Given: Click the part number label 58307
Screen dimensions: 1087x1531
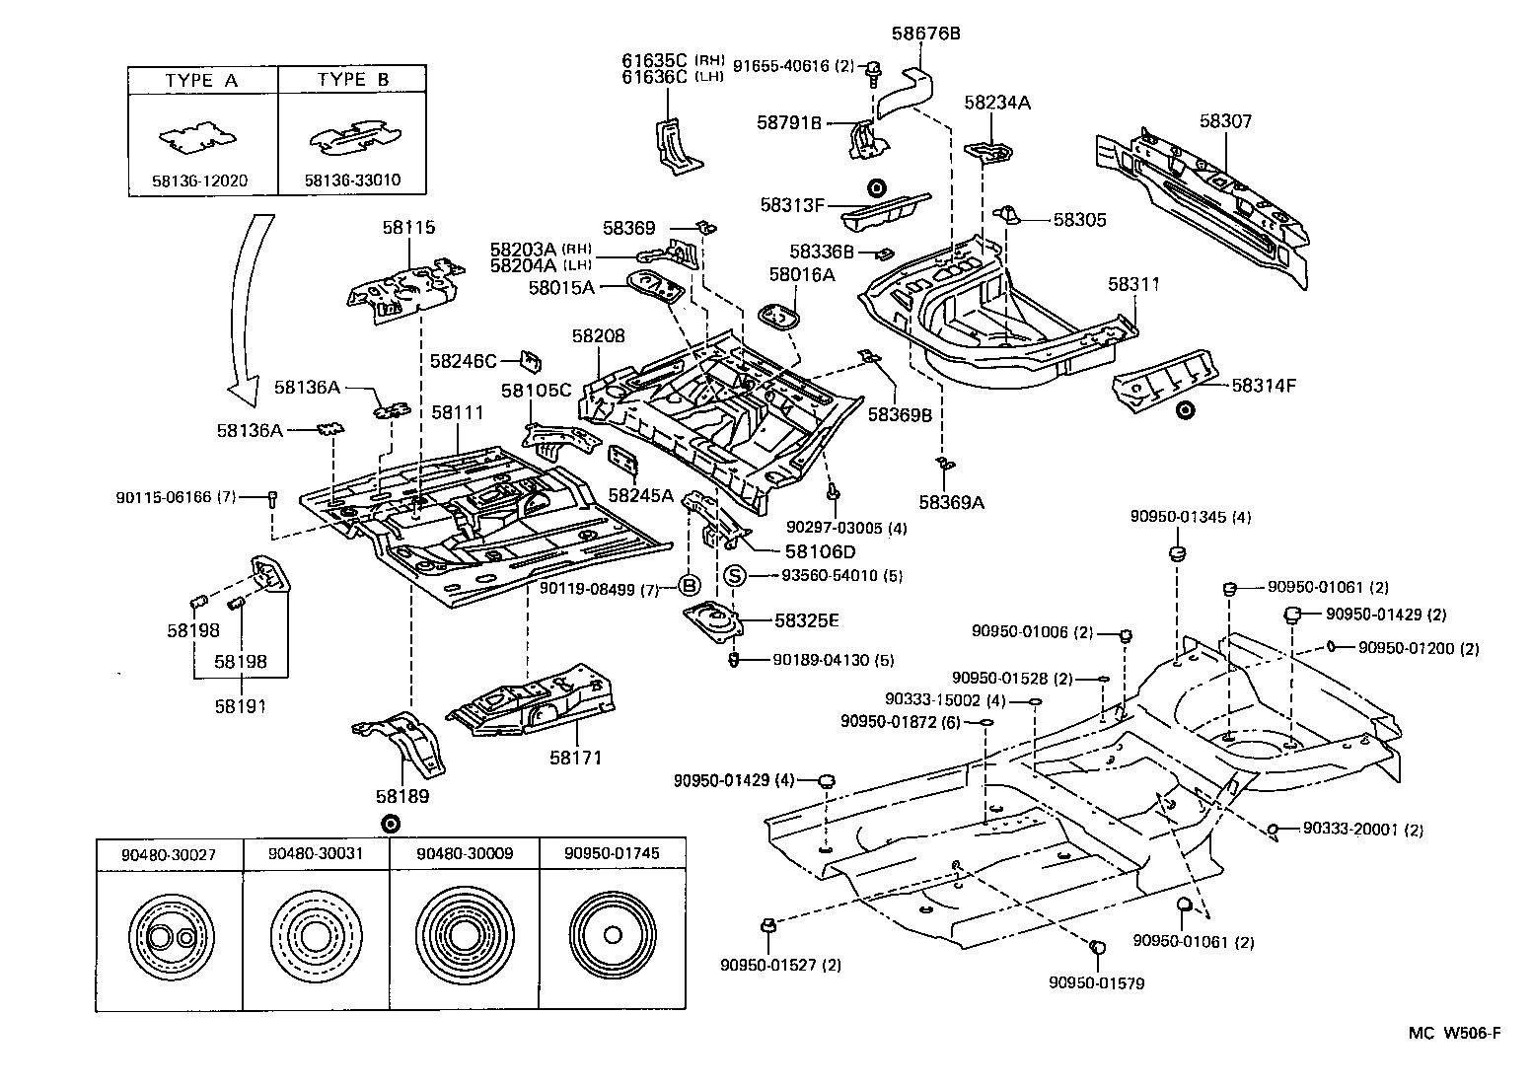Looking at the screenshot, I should click(1225, 121).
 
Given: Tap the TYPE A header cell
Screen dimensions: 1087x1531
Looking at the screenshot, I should click(202, 81).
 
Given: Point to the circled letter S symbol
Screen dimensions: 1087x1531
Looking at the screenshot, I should click(734, 575).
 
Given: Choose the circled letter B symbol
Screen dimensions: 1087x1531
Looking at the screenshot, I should click(689, 587).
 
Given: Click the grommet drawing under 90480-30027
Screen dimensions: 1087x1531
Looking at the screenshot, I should click(170, 936).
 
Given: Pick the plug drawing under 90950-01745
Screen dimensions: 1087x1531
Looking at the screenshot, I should click(612, 935).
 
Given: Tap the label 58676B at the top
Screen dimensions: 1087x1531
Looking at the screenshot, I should click(925, 34).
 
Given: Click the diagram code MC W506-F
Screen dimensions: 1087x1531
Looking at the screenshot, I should click(1454, 1033).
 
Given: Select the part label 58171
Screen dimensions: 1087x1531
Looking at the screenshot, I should click(577, 758).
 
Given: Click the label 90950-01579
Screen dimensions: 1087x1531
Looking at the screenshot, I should click(1096, 982).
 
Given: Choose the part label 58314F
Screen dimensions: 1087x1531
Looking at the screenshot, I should click(1264, 386).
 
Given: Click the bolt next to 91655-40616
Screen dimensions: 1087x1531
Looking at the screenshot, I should click(872, 69).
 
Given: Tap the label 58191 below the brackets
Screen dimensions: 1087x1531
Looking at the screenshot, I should click(241, 706).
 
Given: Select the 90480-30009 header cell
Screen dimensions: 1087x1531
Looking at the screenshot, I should click(464, 853).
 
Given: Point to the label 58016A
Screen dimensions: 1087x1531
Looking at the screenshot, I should click(802, 274).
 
